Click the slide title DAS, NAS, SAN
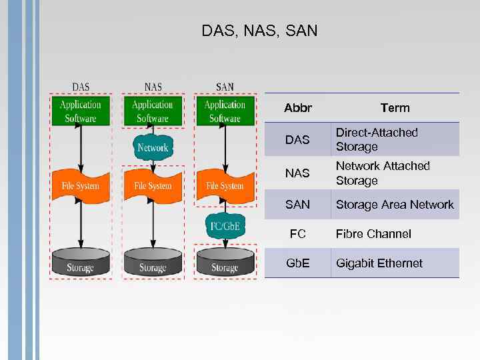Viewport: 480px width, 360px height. [259, 31]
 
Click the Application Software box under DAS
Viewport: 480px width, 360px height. [81, 111]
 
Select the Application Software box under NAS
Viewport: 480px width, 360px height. [153, 111]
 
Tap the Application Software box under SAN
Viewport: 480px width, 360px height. [225, 111]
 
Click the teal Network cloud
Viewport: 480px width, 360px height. [153, 147]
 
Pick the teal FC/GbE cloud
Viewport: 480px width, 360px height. [225, 226]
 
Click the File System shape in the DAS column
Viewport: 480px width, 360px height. [81, 185]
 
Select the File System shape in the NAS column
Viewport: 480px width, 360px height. [153, 185]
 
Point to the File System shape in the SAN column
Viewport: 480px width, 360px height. [225, 185]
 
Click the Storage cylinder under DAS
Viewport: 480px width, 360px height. [81, 263]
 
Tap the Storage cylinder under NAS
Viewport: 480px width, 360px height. [153, 263]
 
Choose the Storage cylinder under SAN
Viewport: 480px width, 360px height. [225, 263]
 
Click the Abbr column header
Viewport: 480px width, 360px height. [297, 108]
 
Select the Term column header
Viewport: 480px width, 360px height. [395, 108]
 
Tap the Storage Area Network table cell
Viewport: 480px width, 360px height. [395, 205]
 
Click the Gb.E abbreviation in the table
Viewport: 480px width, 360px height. [297, 263]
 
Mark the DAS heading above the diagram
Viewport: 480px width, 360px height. [81, 87]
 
